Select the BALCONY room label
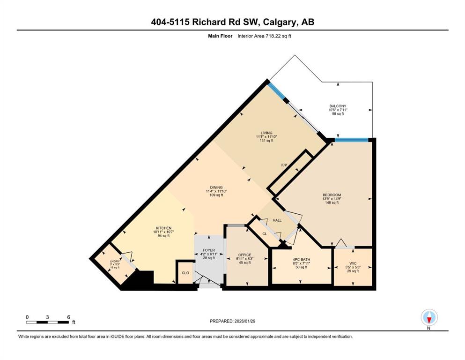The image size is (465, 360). (x=337, y=106)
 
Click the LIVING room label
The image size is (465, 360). (x=266, y=133)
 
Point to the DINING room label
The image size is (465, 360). (x=216, y=187)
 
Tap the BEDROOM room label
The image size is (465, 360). (x=331, y=195)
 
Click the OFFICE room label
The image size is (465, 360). (x=245, y=255)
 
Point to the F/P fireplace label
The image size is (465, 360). (x=284, y=165)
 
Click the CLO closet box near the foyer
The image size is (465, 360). (x=185, y=273)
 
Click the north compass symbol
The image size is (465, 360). (x=429, y=318)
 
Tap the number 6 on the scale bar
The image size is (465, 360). (x=68, y=317)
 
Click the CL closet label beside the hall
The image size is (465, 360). (x=265, y=233)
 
